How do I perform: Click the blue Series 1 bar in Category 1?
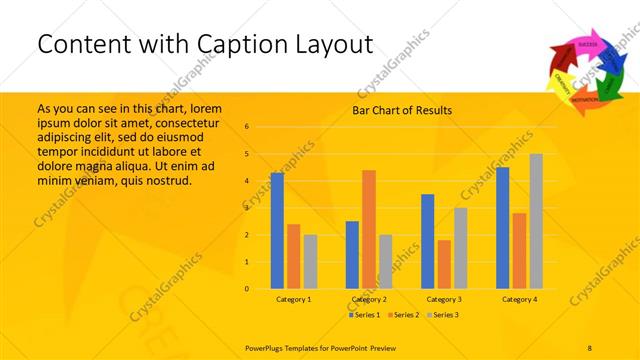(x=277, y=231)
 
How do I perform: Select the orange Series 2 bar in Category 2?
(x=369, y=230)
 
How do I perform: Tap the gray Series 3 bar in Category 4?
(x=536, y=221)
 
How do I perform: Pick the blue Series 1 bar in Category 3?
(x=428, y=241)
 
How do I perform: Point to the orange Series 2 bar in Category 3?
(x=444, y=264)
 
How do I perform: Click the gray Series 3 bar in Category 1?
(x=310, y=262)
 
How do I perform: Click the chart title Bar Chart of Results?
(x=402, y=110)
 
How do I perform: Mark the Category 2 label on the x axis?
(x=369, y=299)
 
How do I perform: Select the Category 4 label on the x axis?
(x=519, y=299)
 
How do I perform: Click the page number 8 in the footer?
(x=589, y=345)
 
